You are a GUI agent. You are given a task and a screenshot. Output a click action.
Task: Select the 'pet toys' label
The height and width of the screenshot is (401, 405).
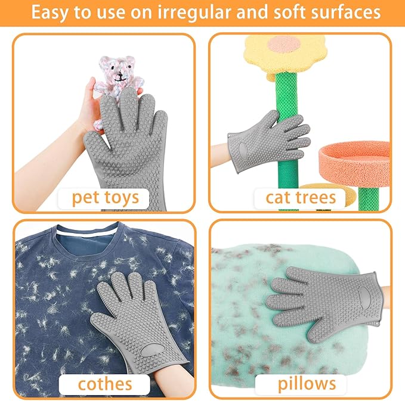pyautogui.click(x=106, y=197)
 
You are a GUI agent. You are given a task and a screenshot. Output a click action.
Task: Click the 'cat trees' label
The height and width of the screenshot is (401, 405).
pyautogui.click(x=301, y=197)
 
